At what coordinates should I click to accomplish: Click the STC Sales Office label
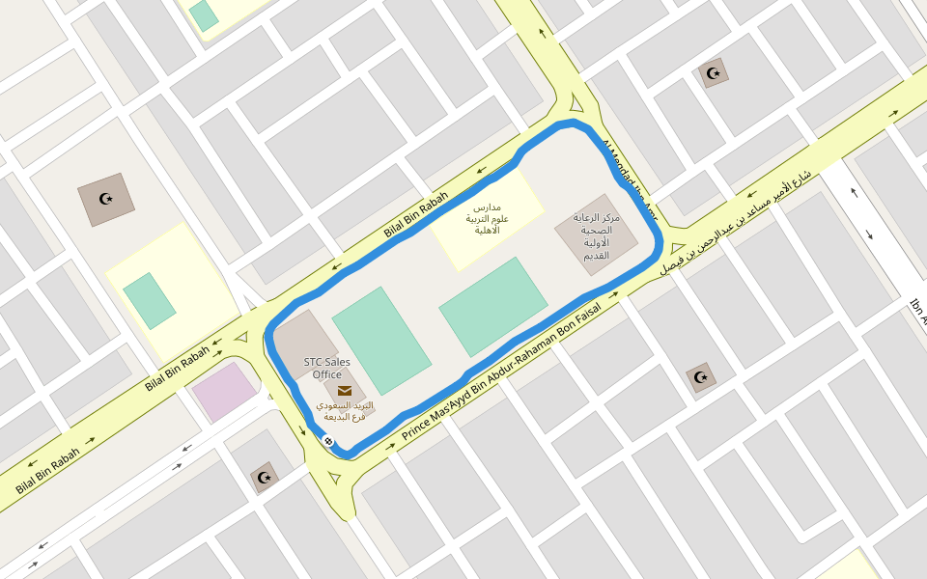pyautogui.click(x=326, y=368)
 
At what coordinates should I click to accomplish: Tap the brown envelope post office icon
pyautogui.click(x=345, y=390)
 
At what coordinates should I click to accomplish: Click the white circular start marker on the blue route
pyautogui.click(x=328, y=441)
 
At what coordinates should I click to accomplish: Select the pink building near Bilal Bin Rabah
pyautogui.click(x=224, y=391)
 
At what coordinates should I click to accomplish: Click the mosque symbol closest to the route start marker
pyautogui.click(x=264, y=477)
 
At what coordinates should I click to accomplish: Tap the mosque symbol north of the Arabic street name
pyautogui.click(x=714, y=72)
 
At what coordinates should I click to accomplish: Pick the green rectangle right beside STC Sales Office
pyautogui.click(x=381, y=340)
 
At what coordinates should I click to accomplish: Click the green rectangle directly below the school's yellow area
pyautogui.click(x=493, y=306)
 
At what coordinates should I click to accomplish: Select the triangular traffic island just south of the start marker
pyautogui.click(x=334, y=477)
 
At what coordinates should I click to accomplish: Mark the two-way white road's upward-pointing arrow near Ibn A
pyautogui.click(x=853, y=191)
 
